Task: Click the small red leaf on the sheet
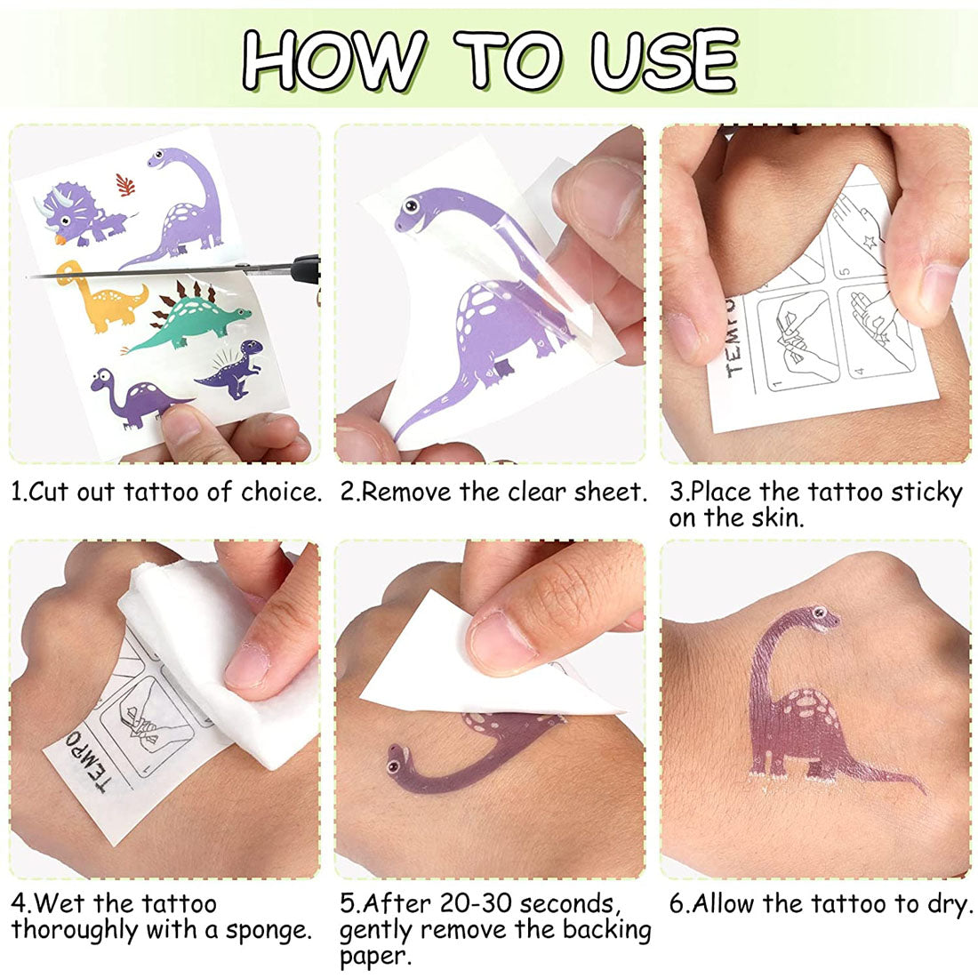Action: point(126,186)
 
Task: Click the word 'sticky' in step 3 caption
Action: point(926,493)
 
